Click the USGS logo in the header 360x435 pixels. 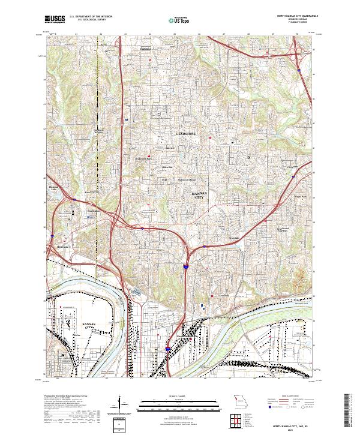tap(55, 19)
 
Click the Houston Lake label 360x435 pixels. tap(55, 188)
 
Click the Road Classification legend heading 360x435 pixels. tap(290, 397)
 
